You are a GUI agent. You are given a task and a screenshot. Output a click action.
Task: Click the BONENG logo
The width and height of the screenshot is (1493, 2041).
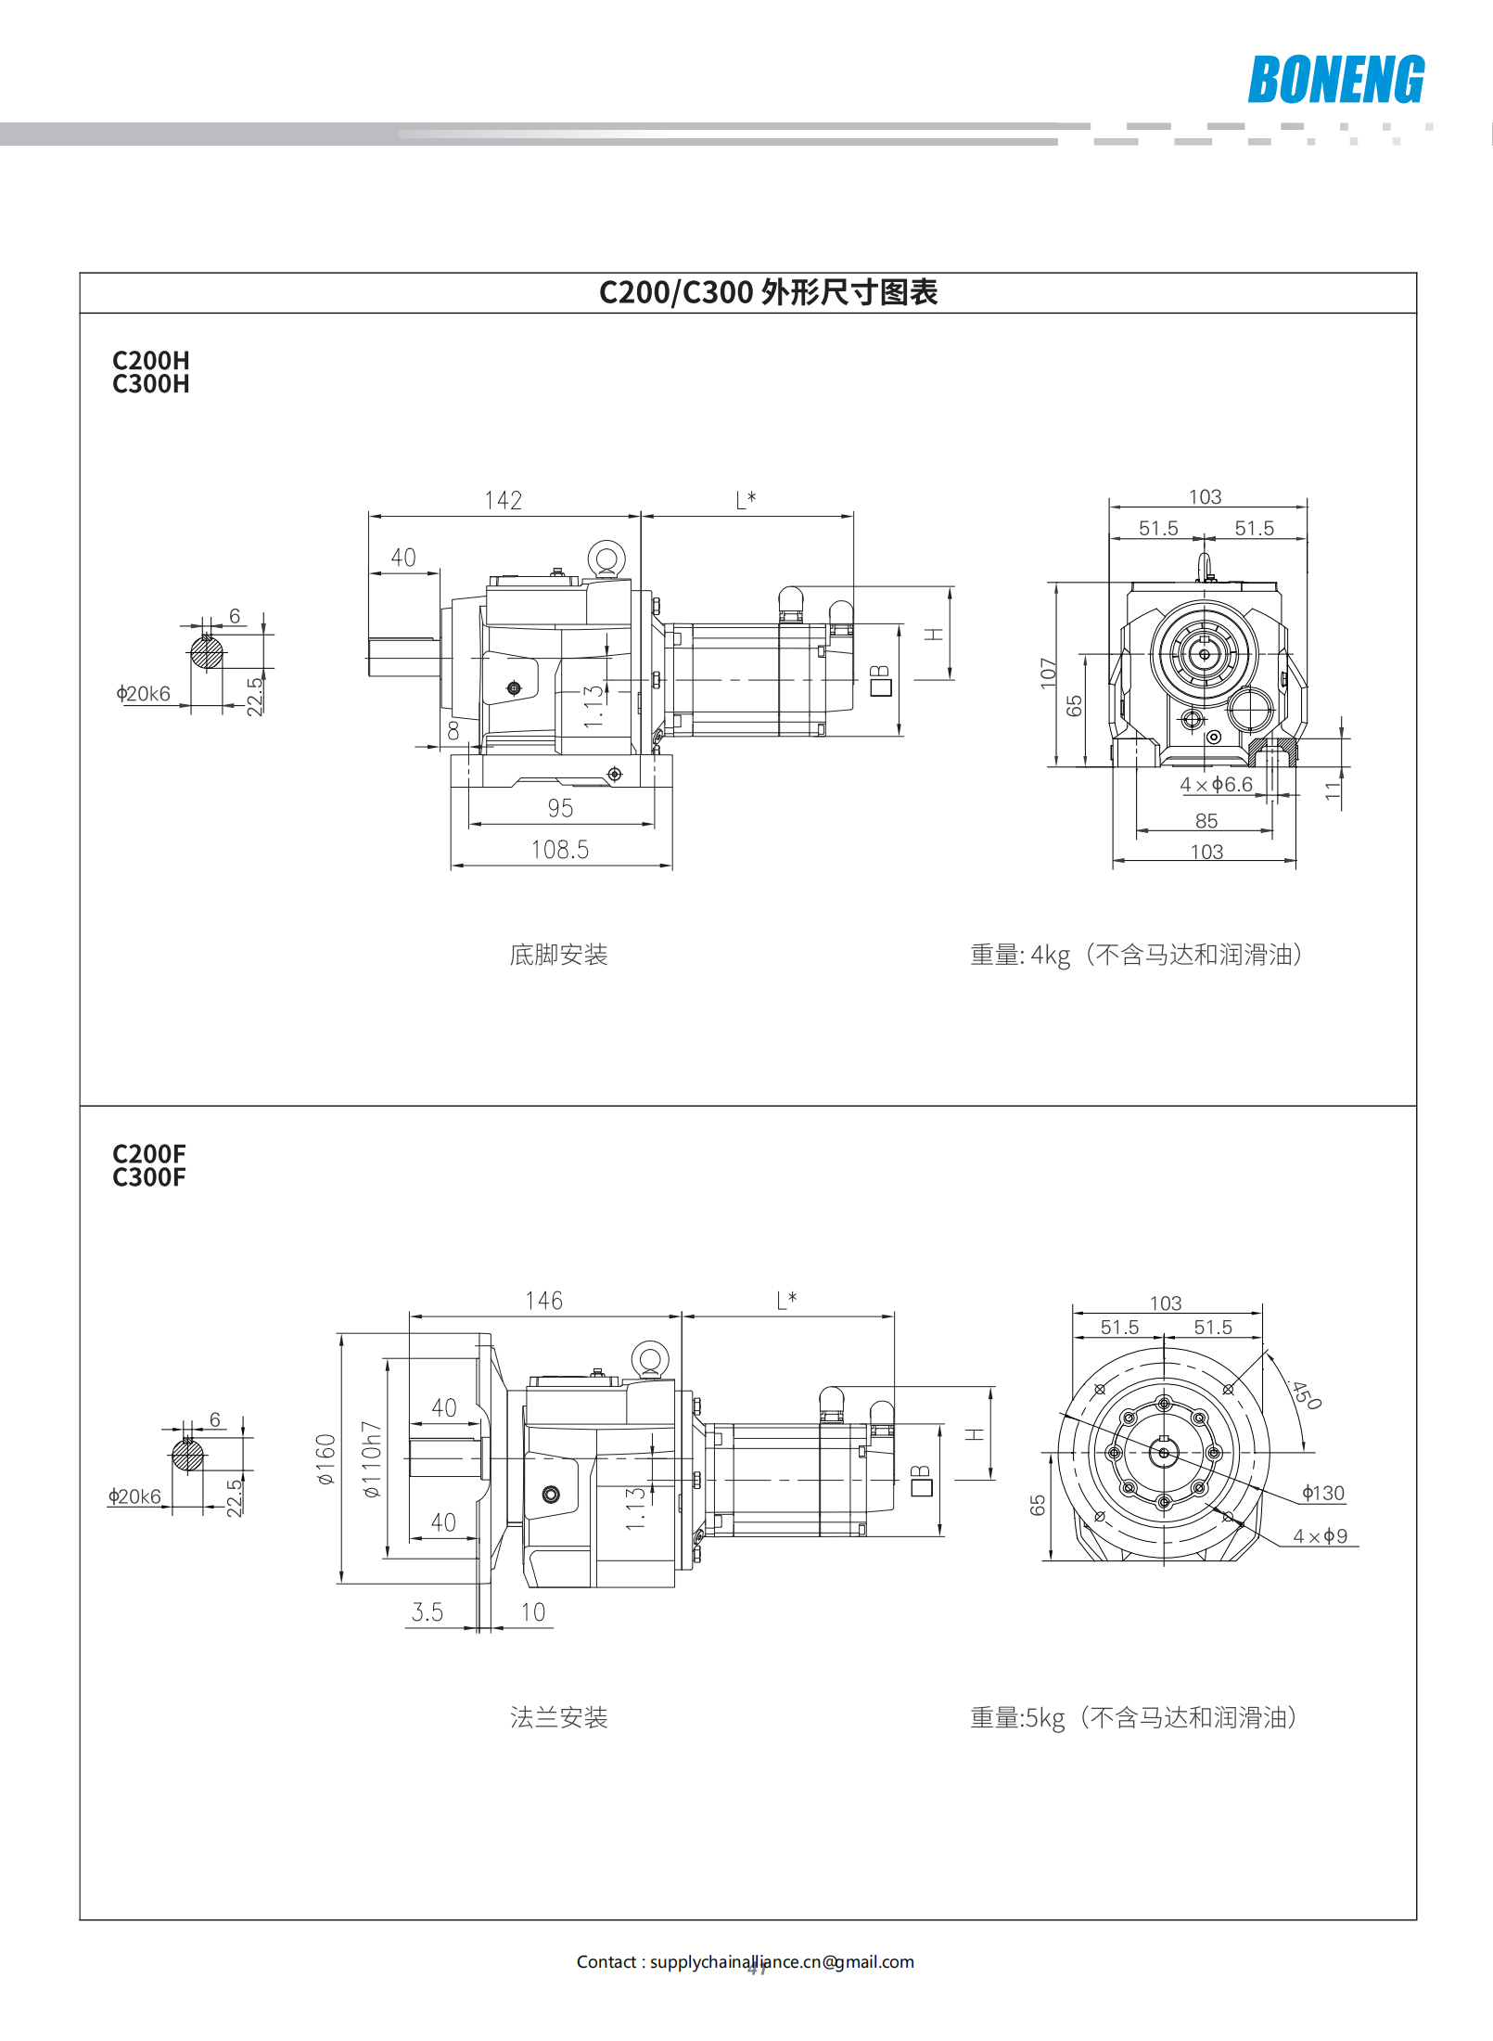(x=1335, y=80)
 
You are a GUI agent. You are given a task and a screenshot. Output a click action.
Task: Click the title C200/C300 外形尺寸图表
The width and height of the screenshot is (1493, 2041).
(x=768, y=293)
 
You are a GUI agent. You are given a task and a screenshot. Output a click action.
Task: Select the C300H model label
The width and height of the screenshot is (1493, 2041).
(x=151, y=385)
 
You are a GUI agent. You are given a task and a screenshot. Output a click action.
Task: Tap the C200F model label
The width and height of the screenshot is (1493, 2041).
(x=149, y=1154)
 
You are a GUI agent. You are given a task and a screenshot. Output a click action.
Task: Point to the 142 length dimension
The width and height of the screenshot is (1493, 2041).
(x=504, y=501)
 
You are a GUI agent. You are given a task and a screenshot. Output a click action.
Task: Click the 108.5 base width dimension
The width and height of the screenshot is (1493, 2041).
(x=559, y=850)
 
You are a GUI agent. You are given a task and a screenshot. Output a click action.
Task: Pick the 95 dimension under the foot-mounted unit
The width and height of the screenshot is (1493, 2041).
(x=560, y=809)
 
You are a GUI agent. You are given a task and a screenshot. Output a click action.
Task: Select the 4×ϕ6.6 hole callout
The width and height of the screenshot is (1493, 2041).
(x=1216, y=785)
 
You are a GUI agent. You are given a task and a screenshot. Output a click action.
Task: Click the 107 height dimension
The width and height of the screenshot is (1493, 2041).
(x=1048, y=674)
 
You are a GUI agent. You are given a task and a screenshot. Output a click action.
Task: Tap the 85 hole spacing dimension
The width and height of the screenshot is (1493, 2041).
(x=1206, y=821)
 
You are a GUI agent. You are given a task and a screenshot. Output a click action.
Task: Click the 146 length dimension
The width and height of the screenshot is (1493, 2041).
(x=543, y=1302)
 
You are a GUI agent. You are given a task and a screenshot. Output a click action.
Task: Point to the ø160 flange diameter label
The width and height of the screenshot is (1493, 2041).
(x=325, y=1459)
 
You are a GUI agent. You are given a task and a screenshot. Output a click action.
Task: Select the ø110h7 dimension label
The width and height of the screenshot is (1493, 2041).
(x=371, y=1459)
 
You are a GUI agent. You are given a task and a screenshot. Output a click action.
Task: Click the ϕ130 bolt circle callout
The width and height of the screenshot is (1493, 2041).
(x=1323, y=1494)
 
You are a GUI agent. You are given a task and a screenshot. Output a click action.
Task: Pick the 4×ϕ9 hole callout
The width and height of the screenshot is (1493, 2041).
(x=1321, y=1536)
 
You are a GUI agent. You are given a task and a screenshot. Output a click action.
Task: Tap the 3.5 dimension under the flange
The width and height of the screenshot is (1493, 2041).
(x=427, y=1612)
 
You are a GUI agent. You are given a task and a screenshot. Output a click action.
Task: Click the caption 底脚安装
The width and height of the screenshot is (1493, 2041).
(x=558, y=956)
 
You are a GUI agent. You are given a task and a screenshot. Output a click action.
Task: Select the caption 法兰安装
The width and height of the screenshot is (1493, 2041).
(x=558, y=1718)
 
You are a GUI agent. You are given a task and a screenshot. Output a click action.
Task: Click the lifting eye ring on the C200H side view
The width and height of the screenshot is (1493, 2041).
(x=606, y=559)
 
